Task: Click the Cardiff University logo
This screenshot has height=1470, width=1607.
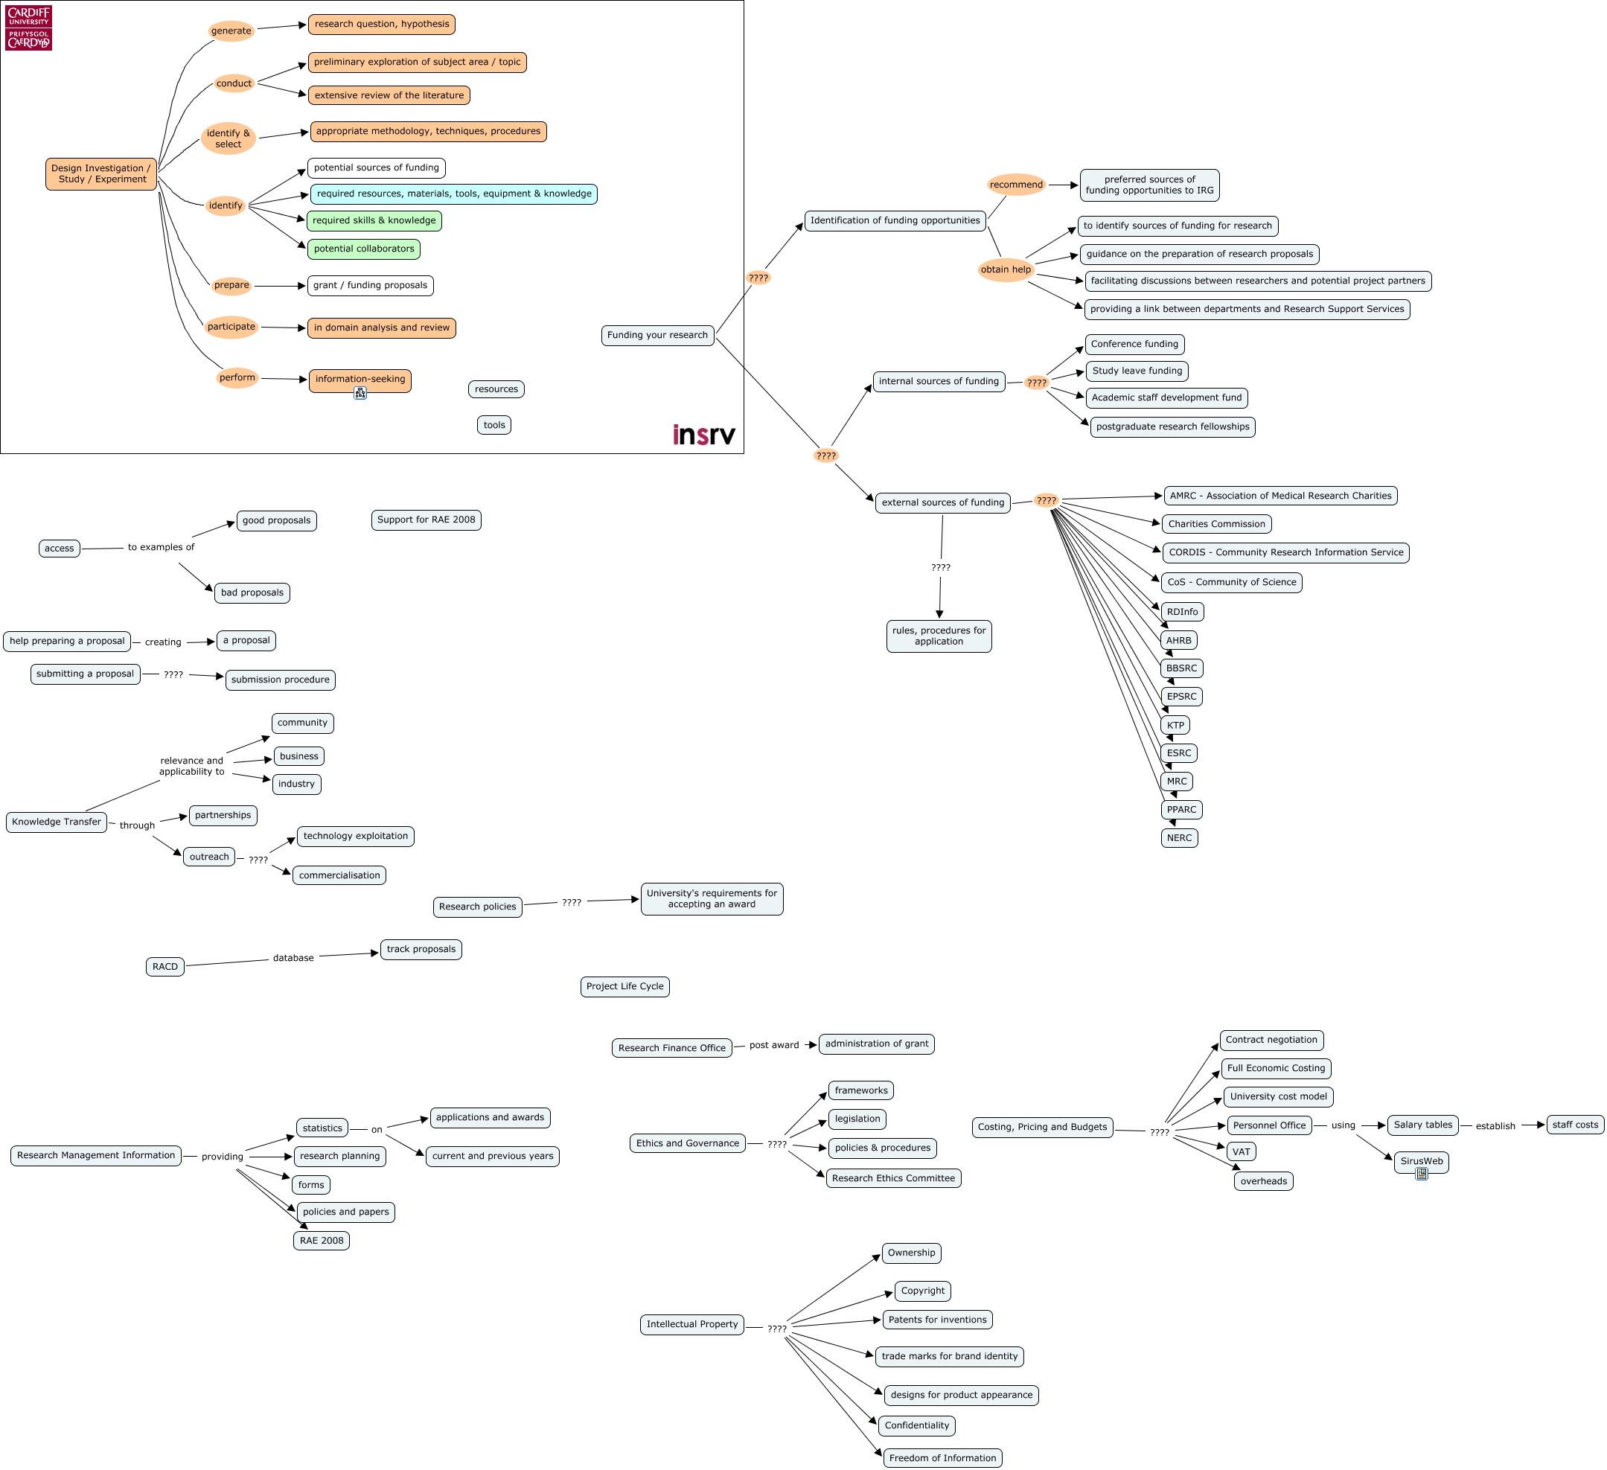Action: [x=29, y=28]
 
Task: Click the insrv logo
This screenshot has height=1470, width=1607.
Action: [x=703, y=435]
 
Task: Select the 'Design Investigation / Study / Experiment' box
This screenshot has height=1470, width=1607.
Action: [x=100, y=173]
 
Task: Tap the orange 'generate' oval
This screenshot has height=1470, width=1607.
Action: [x=231, y=31]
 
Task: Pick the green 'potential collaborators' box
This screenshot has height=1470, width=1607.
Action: [x=363, y=249]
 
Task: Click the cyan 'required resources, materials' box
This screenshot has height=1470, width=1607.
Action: [x=453, y=194]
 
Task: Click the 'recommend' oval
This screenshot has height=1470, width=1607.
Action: [x=1015, y=185]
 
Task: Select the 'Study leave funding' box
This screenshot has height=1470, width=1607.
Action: [x=1137, y=371]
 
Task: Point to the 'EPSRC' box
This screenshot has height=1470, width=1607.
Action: [x=1181, y=697]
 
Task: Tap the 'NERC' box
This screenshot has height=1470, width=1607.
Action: [x=1179, y=838]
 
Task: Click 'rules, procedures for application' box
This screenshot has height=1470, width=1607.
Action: [x=939, y=636]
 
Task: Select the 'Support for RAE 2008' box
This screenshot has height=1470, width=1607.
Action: [x=426, y=520]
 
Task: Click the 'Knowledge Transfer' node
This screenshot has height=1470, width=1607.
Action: [x=57, y=822]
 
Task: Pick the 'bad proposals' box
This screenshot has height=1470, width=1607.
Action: [x=252, y=593]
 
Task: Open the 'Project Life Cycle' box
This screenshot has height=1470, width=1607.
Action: [x=625, y=987]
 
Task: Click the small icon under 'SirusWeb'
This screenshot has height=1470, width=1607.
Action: [x=1421, y=1174]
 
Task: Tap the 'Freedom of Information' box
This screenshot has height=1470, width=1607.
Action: [x=942, y=1458]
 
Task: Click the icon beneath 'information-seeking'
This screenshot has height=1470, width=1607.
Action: [x=360, y=393]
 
